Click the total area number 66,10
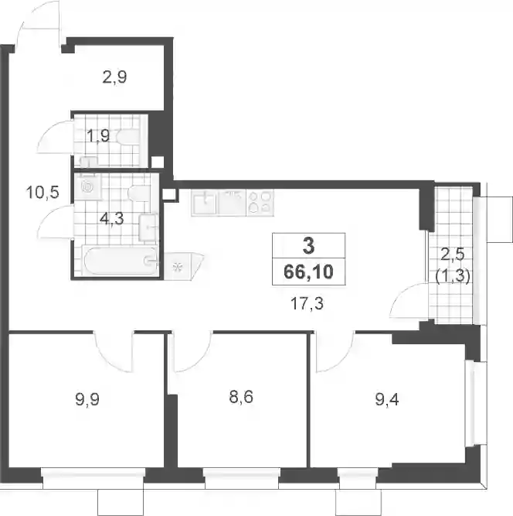tap(308, 272)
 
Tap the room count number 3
tap(308, 246)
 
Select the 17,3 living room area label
tap(307, 304)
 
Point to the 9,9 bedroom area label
tap(87, 400)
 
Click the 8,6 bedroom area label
tap(241, 397)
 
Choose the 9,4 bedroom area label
tap(387, 400)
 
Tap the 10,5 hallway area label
tap(42, 192)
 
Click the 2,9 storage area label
tap(114, 77)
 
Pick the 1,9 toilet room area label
tap(98, 135)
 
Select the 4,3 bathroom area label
tap(112, 218)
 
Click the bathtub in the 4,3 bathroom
tap(121, 260)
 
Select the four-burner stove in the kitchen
tap(260, 203)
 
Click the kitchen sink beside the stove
tap(205, 203)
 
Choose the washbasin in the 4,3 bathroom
tap(149, 227)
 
